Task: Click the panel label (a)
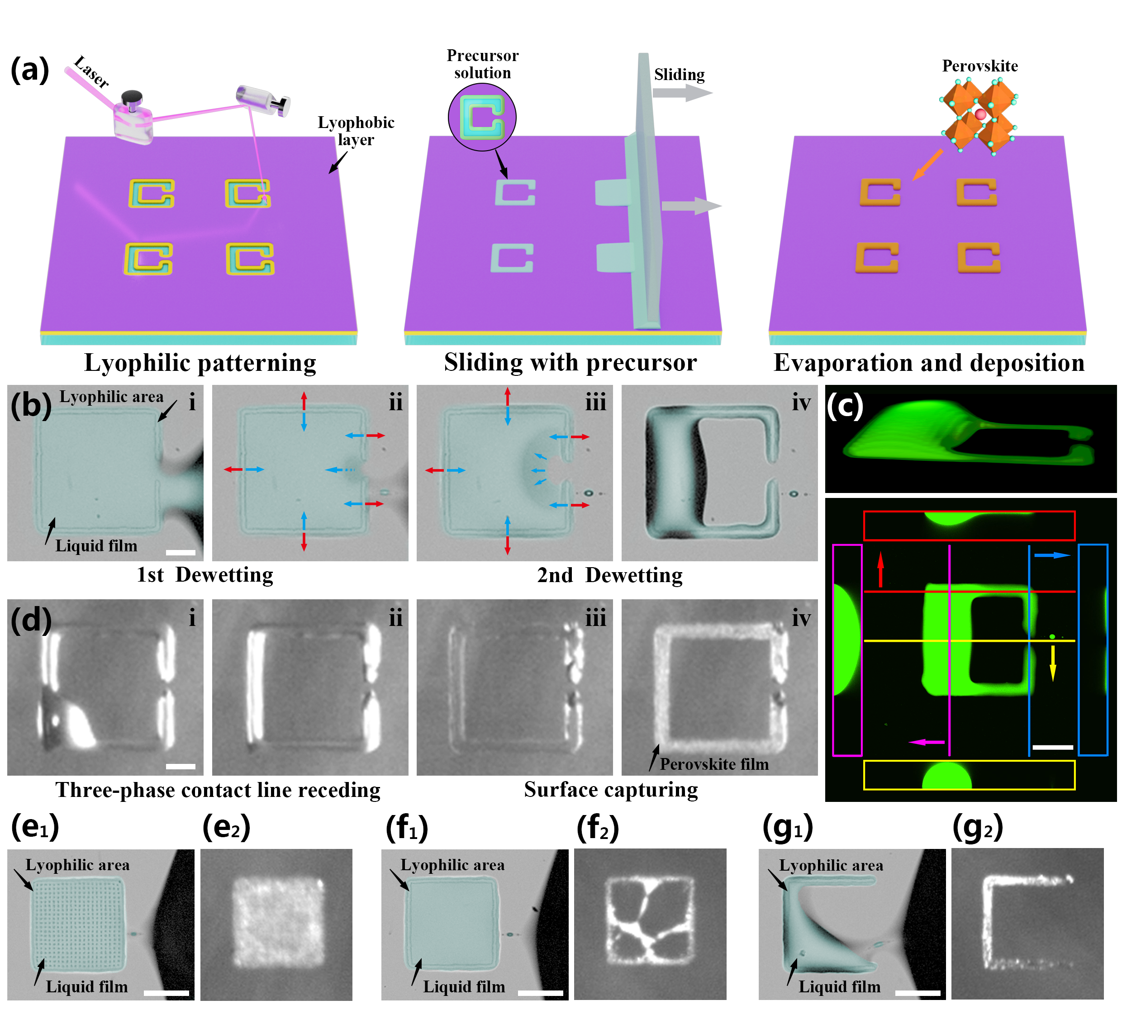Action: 30,70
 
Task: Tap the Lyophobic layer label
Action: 356,131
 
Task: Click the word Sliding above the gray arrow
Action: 679,75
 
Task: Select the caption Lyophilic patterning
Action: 200,363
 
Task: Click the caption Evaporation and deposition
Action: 929,363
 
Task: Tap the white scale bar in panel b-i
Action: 181,553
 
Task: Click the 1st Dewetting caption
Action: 205,575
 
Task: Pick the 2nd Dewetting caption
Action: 609,575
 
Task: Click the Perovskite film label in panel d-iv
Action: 714,764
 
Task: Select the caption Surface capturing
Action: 610,790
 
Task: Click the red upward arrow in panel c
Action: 880,569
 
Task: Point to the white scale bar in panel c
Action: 1052,747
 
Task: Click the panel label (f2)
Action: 597,828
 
